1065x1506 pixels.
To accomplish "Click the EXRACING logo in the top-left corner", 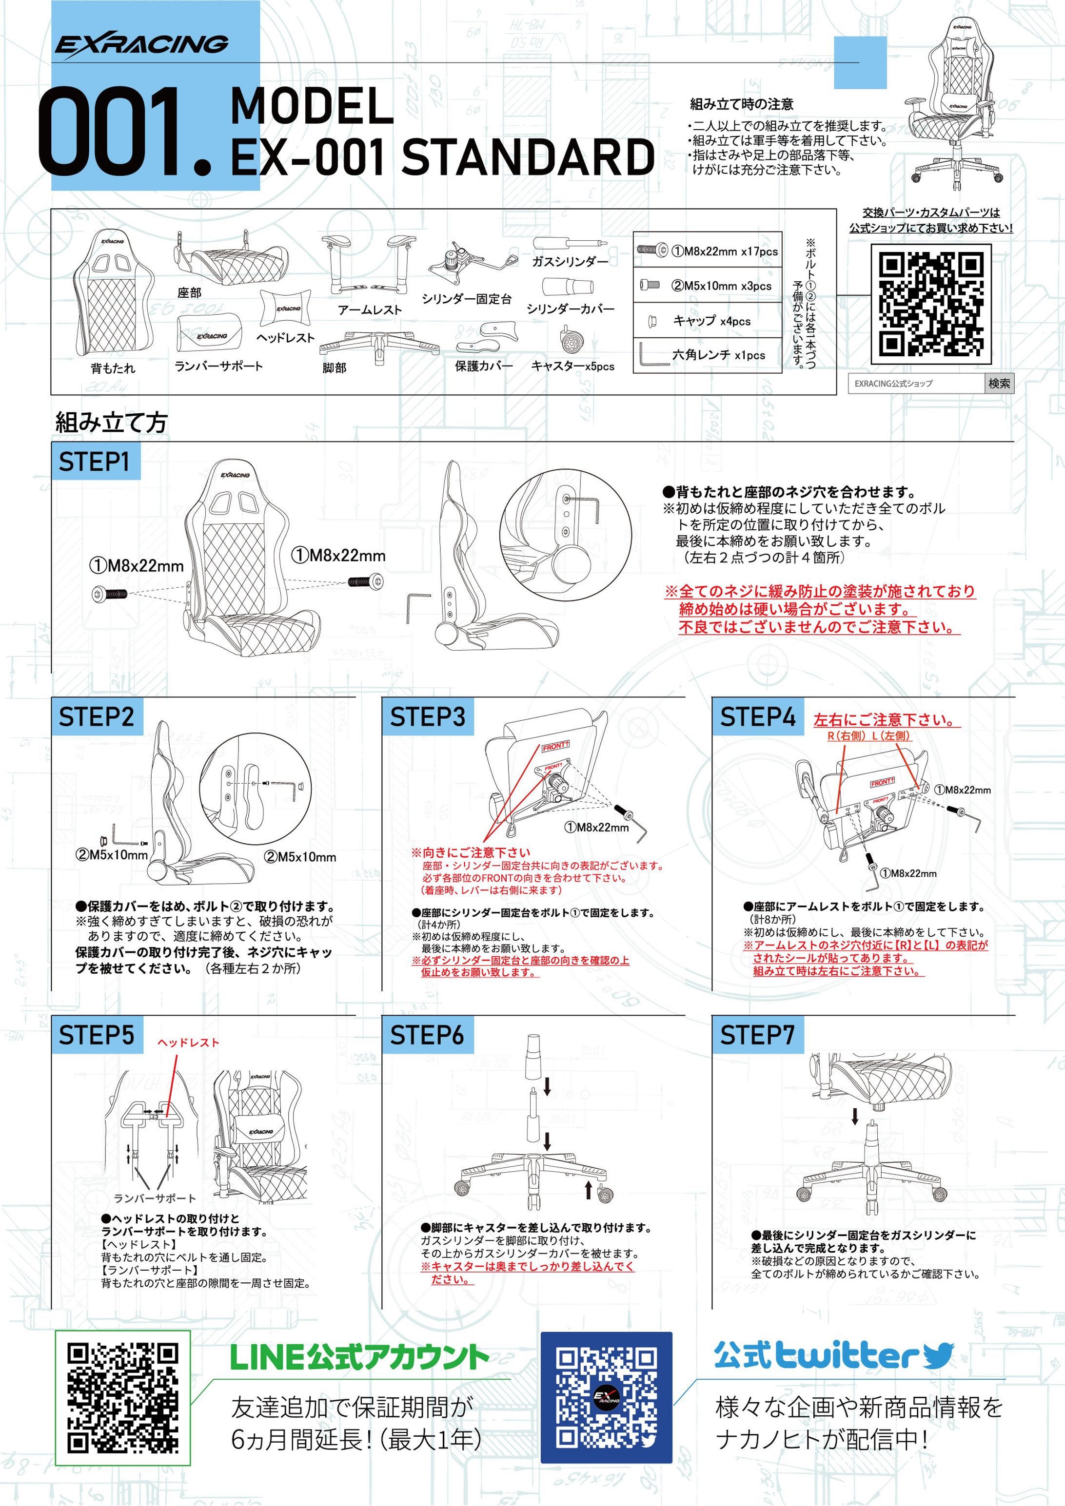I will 141,45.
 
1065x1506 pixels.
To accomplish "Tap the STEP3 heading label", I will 427,716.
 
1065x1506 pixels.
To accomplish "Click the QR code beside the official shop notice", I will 930,304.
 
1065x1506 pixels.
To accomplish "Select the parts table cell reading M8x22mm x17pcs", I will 708,251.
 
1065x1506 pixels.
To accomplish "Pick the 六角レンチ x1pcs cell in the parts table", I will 708,355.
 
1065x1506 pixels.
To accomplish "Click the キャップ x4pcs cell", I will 708,321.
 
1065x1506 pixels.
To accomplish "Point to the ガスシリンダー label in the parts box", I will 570,262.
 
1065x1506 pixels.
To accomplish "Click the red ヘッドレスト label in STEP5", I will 188,1043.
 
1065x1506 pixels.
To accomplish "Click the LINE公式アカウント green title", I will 359,1358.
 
